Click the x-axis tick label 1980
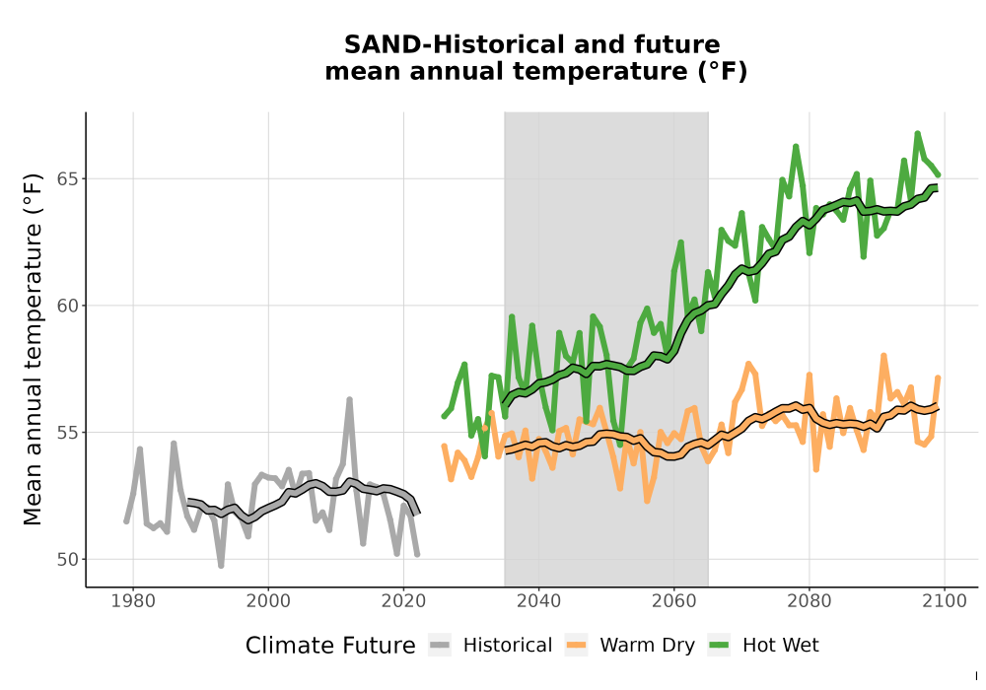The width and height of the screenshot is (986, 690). click(133, 601)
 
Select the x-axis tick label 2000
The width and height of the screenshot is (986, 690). click(268, 601)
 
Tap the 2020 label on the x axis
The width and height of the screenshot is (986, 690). click(403, 601)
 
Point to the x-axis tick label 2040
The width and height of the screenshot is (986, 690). click(539, 601)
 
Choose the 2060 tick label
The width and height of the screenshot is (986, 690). click(674, 601)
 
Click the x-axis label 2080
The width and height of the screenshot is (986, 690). click(810, 601)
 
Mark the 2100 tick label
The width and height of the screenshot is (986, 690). click(945, 601)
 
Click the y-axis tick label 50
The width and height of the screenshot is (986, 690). click(67, 559)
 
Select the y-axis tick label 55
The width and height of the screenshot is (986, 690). click(67, 433)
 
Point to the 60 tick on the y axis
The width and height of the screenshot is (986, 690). click(67, 306)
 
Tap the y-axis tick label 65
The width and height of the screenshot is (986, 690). click(67, 179)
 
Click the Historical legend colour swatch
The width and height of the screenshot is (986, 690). click(440, 646)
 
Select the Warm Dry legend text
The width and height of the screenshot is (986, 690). click(647, 646)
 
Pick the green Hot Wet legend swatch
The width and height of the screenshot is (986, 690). click(719, 646)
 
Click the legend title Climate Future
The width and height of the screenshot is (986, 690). click(330, 646)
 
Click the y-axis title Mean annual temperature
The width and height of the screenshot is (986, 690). click(33, 349)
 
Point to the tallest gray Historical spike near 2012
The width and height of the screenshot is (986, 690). click(350, 399)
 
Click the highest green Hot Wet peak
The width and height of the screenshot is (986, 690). click(917, 133)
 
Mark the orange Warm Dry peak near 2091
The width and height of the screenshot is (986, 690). click(883, 356)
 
